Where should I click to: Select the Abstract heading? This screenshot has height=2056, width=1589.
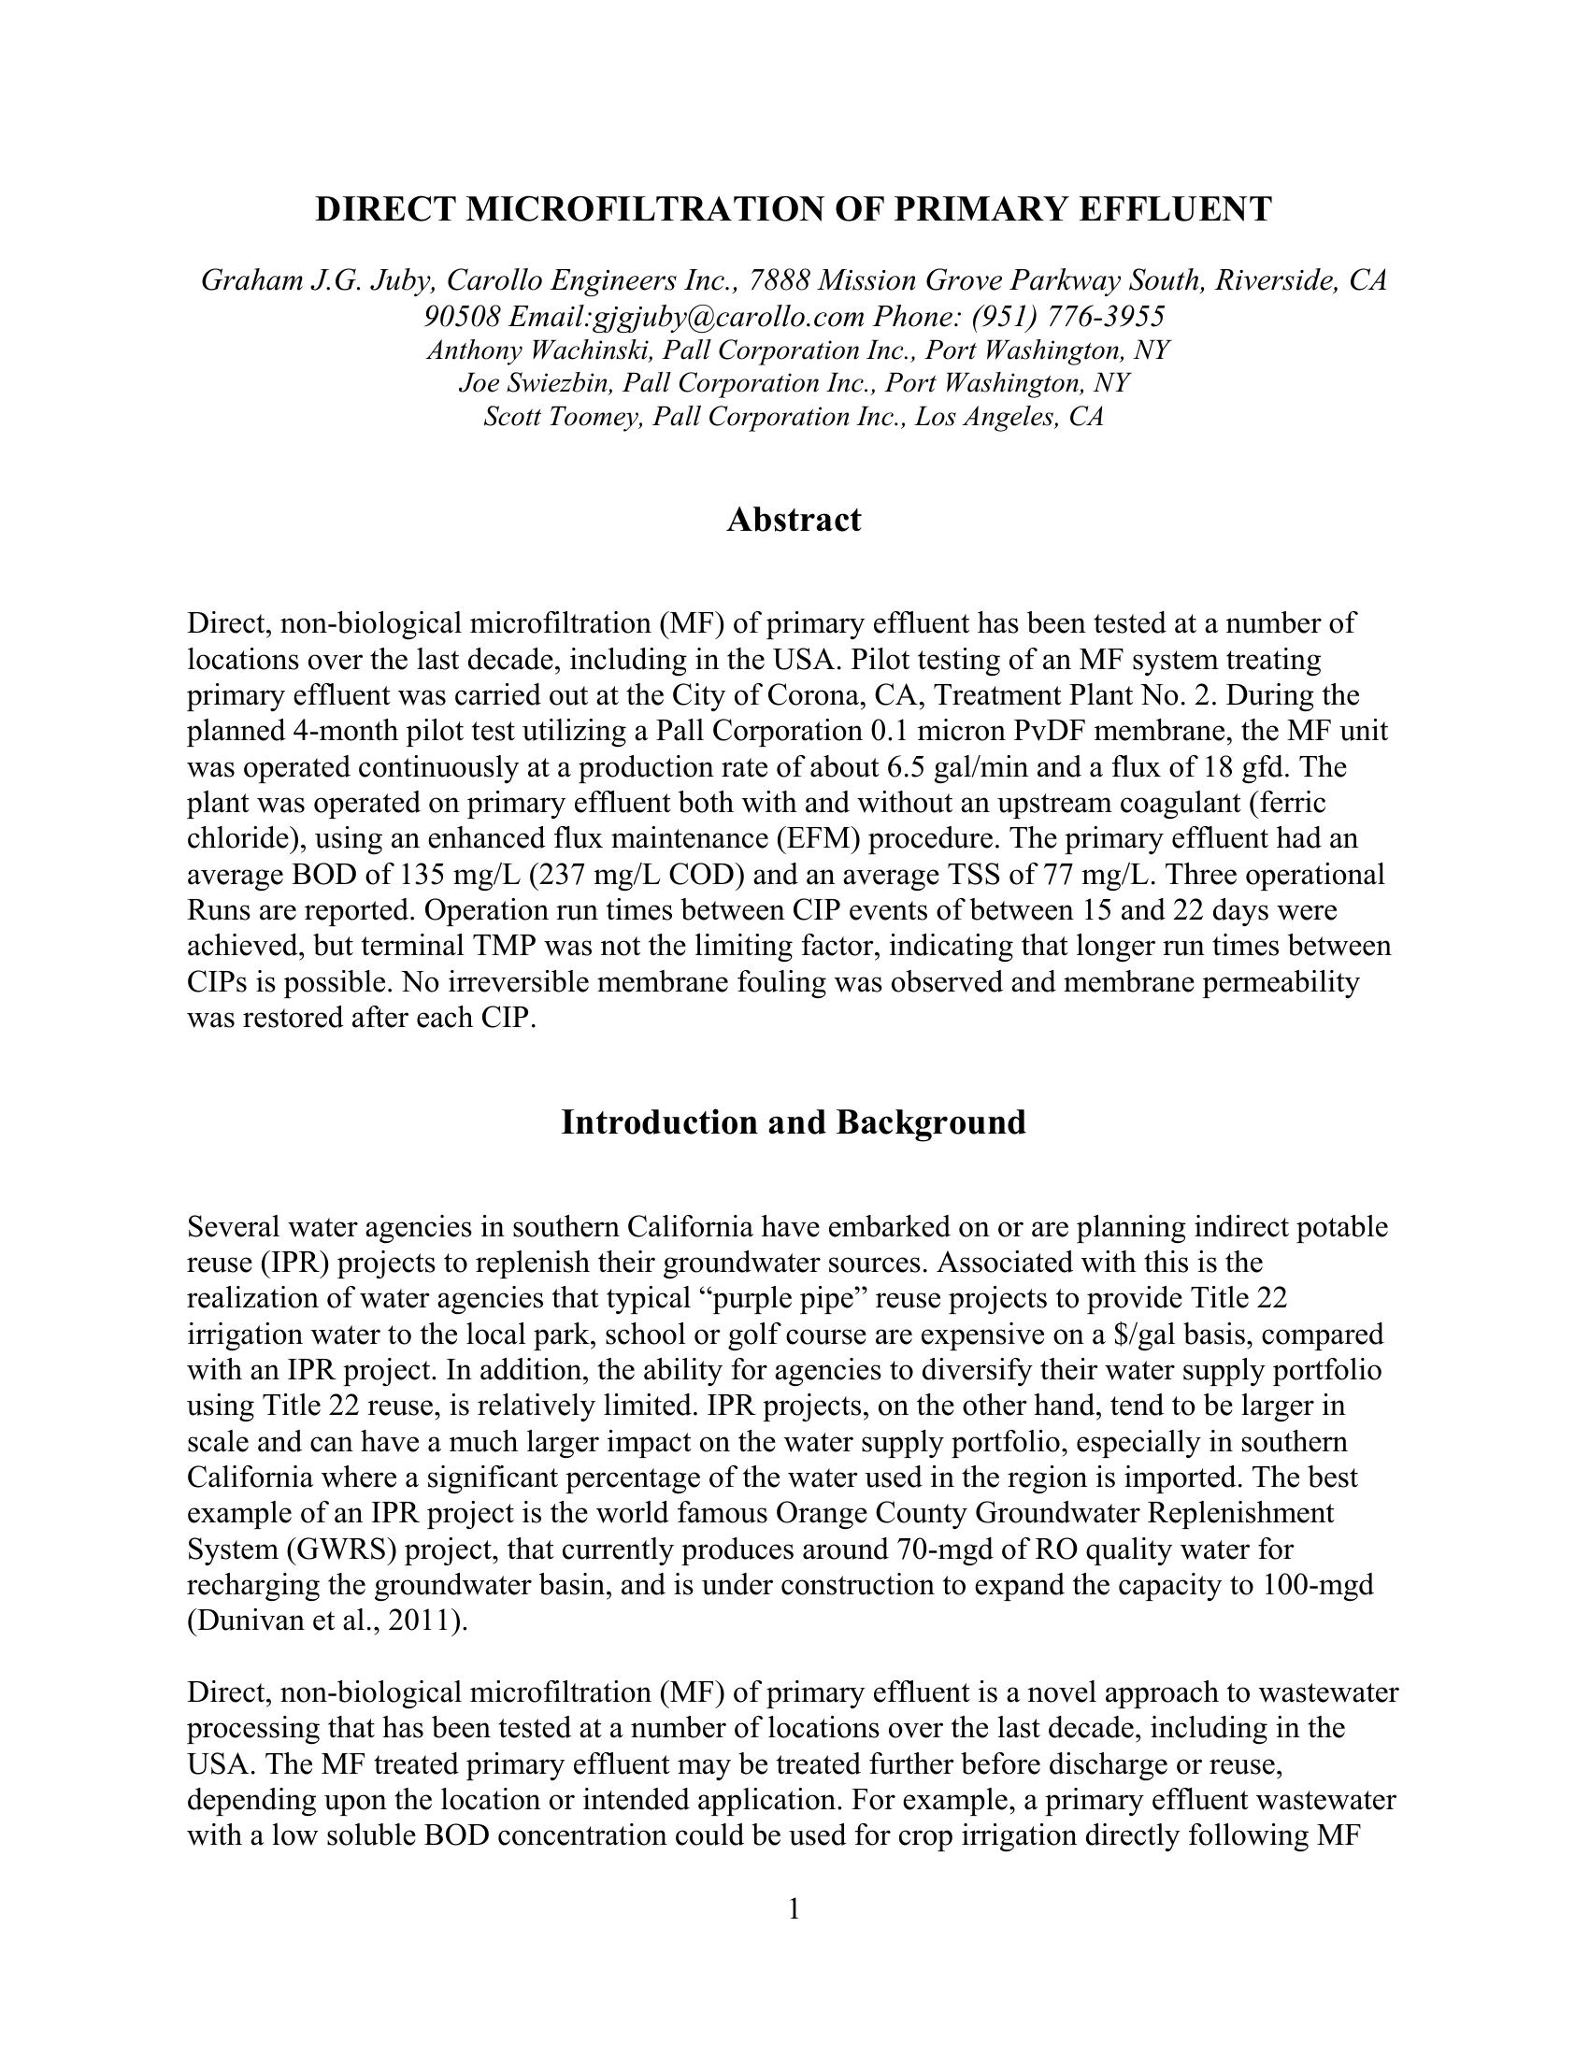(794, 520)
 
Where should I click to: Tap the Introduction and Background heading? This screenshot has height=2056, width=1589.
(794, 1122)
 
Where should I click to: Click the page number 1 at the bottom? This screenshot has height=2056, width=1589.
(794, 1908)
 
